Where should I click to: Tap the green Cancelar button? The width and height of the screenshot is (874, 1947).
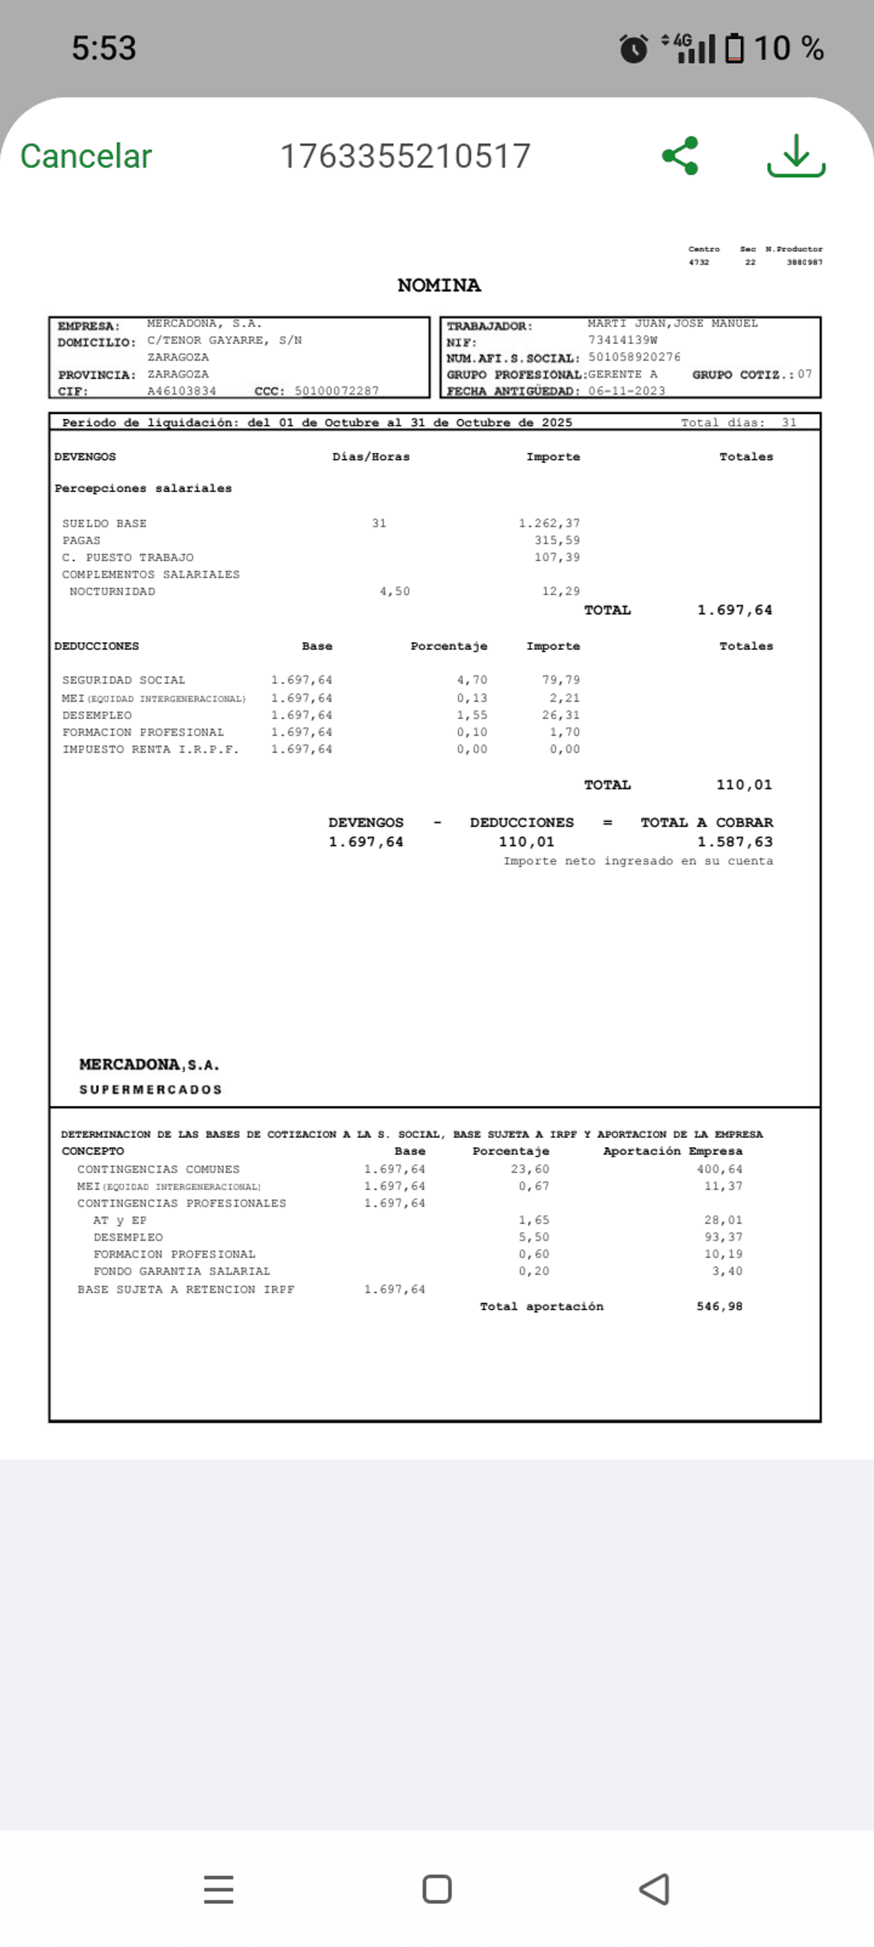86,157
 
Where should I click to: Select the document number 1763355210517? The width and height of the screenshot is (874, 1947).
405,157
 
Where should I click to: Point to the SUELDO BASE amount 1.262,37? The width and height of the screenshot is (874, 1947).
549,523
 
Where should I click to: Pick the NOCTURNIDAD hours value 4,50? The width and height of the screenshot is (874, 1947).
395,591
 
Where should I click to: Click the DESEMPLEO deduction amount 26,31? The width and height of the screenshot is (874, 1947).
561,715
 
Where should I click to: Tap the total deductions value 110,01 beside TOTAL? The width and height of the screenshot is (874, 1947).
744,784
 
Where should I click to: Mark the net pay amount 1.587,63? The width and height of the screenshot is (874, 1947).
734,842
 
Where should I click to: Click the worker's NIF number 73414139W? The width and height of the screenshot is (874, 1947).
622,340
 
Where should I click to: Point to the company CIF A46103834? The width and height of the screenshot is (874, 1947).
182,391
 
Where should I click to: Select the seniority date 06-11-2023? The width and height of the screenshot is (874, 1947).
627,391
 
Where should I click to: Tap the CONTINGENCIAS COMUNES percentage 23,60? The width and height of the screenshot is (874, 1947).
529,1169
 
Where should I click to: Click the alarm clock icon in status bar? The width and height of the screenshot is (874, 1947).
634,49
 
